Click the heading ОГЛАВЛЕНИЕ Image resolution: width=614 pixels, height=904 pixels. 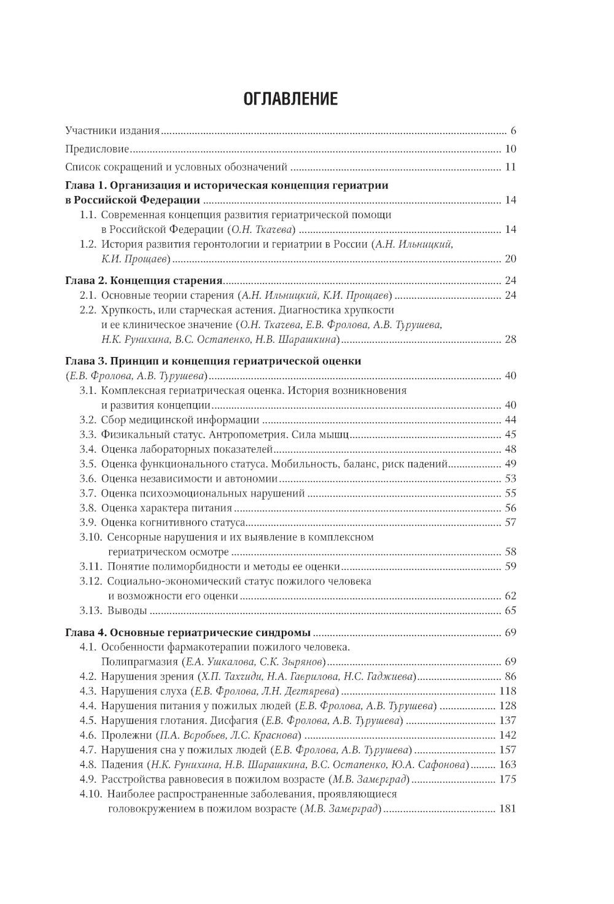[290, 99]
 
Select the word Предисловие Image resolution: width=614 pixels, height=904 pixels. [97, 149]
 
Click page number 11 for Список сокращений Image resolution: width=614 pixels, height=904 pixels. [510, 167]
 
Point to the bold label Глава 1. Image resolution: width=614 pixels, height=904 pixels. [86, 185]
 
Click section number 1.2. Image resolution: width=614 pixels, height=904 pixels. [88, 244]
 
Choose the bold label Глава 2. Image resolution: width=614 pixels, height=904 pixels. [86, 280]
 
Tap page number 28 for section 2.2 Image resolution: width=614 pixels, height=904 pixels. [510, 339]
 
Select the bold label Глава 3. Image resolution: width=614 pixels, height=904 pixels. [86, 361]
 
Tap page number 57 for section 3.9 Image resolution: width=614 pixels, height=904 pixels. [510, 522]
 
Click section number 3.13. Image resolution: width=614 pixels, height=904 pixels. [91, 610]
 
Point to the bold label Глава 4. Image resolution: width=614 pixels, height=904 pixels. [86, 632]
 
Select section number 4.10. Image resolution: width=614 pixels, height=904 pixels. [91, 794]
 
